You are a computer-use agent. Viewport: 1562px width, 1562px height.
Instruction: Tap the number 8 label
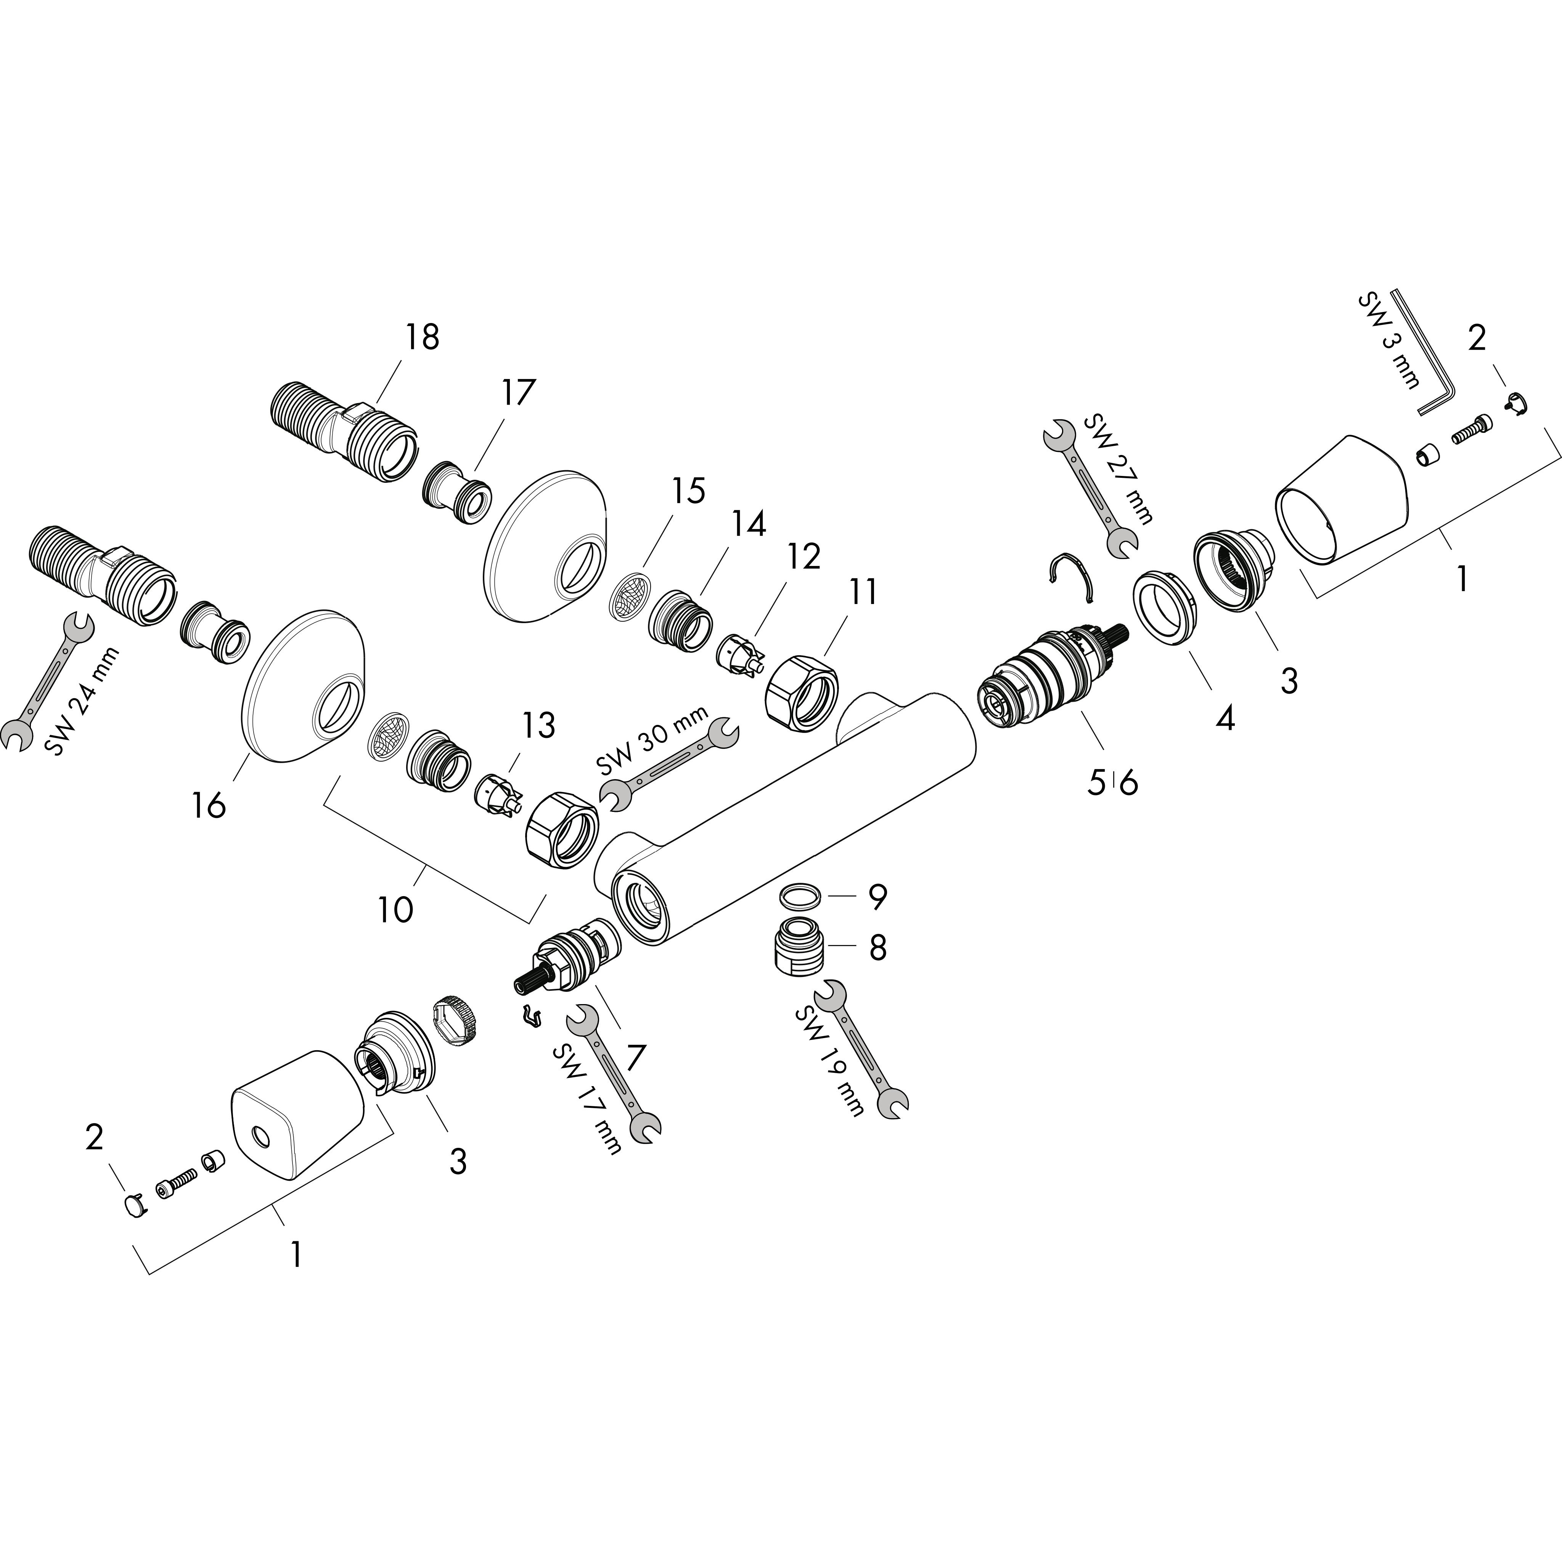877,948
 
